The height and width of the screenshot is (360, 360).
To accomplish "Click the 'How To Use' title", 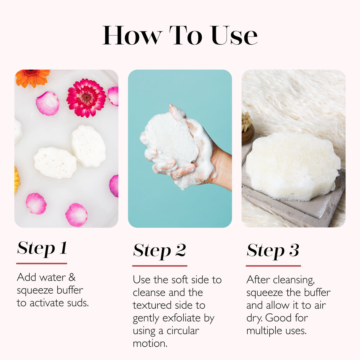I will click(x=180, y=36).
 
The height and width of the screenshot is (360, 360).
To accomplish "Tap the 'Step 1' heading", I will click(x=42, y=249).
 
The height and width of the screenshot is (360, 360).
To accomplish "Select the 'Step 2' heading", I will click(x=160, y=251).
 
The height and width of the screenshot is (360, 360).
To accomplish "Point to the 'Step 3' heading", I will click(x=273, y=251).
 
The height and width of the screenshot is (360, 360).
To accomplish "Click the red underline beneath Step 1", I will click(x=42, y=263).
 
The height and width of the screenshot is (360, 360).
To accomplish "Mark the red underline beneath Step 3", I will click(x=273, y=266).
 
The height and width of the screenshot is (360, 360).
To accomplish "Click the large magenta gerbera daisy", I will click(x=86, y=98).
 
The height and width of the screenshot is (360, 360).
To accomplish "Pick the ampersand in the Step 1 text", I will click(x=72, y=277).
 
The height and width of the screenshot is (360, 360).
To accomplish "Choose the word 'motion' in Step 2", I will click(x=150, y=344).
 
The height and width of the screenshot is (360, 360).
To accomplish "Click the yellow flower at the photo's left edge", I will click(x=17, y=180).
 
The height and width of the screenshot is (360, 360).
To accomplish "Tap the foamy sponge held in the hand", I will click(x=171, y=139).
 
